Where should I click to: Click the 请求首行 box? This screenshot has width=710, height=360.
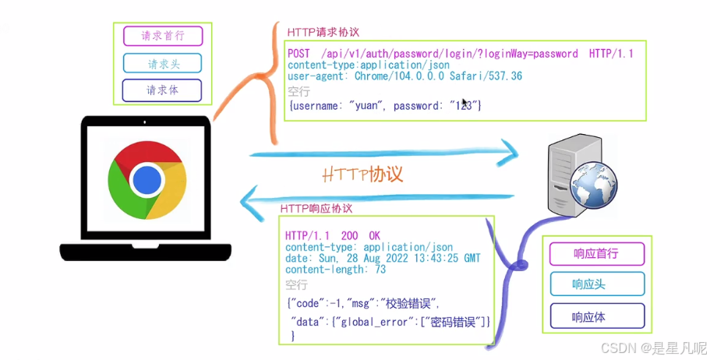point(162,36)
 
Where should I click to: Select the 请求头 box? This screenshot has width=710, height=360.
point(162,63)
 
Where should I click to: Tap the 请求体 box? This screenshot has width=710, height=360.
point(162,90)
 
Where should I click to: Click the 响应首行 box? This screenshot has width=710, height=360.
point(596,254)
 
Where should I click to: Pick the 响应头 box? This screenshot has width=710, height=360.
point(596,284)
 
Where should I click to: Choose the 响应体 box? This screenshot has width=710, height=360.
point(596,316)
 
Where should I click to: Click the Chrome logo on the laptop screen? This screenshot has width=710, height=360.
point(147,180)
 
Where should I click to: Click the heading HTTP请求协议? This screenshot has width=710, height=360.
point(323,32)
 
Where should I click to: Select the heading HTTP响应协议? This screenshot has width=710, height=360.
point(316,209)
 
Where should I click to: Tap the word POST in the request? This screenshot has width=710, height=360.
point(299,53)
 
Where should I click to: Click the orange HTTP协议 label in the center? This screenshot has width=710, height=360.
point(362,174)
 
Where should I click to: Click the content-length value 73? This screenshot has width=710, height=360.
point(380,270)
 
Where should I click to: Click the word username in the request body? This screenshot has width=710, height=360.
point(317,104)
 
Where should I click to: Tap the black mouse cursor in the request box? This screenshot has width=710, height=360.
point(465,103)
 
